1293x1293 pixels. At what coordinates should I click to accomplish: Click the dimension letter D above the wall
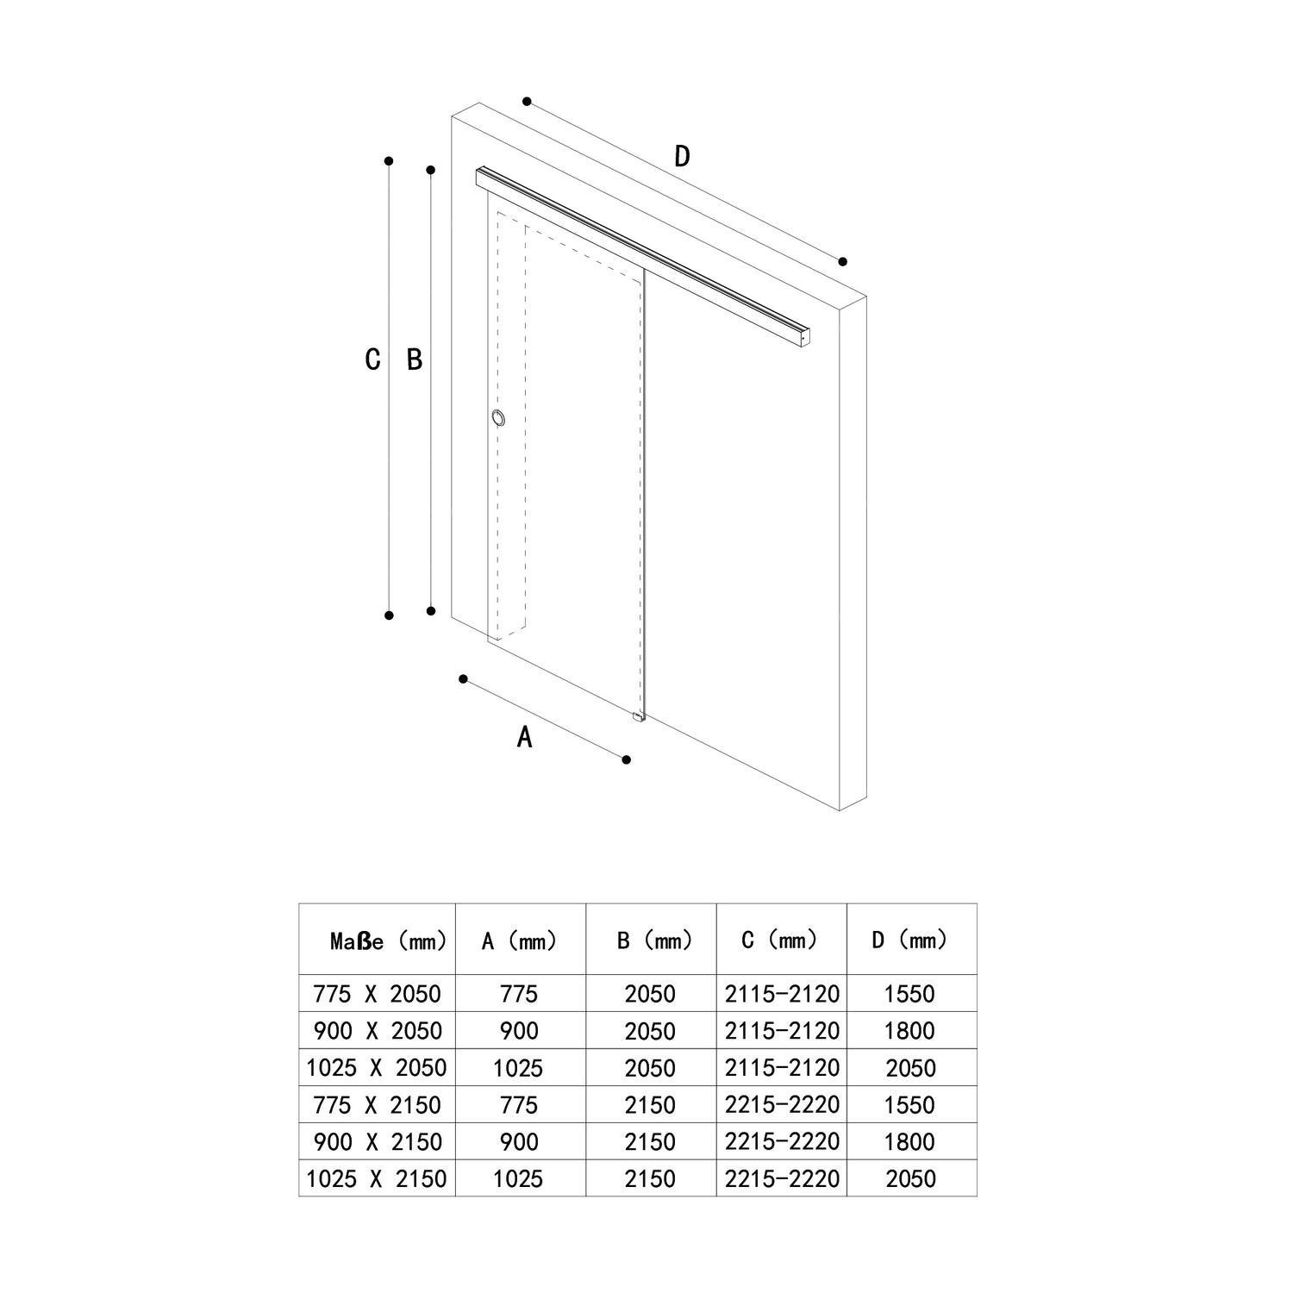[682, 157]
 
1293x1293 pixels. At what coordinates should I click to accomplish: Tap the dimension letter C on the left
[372, 359]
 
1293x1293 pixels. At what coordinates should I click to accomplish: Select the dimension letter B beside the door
[415, 359]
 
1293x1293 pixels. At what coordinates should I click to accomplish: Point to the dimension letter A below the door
[524, 737]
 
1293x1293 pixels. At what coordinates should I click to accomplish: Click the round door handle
[498, 419]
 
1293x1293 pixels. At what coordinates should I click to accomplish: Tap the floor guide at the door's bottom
[638, 715]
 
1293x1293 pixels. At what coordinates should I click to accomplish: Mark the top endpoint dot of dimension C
[390, 160]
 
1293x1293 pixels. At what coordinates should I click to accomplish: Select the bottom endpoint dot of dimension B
[431, 610]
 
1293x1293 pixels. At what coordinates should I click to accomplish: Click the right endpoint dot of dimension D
[843, 261]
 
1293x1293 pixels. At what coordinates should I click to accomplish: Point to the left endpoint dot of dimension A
[463, 679]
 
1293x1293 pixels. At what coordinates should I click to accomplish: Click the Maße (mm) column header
[388, 940]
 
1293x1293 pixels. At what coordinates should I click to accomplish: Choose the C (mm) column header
[780, 940]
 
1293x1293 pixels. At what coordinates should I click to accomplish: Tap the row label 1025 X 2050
[377, 1068]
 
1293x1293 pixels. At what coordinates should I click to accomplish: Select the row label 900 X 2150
[378, 1142]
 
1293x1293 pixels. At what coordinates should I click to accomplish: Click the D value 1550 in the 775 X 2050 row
[909, 995]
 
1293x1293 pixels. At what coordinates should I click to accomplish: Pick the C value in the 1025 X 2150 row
[782, 1178]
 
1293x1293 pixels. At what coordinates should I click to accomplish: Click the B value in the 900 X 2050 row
[650, 1032]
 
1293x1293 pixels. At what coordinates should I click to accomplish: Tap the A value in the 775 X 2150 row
[519, 1105]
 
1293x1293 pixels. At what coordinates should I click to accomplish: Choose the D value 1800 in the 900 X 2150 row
[909, 1142]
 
